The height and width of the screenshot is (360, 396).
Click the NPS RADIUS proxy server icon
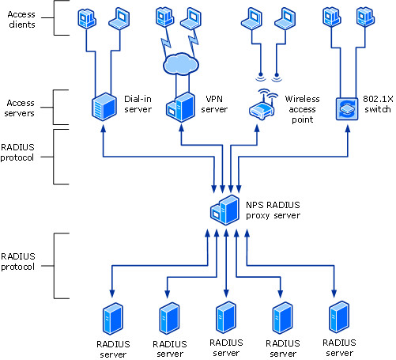224,210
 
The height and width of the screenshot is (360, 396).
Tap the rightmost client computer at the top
365,17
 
